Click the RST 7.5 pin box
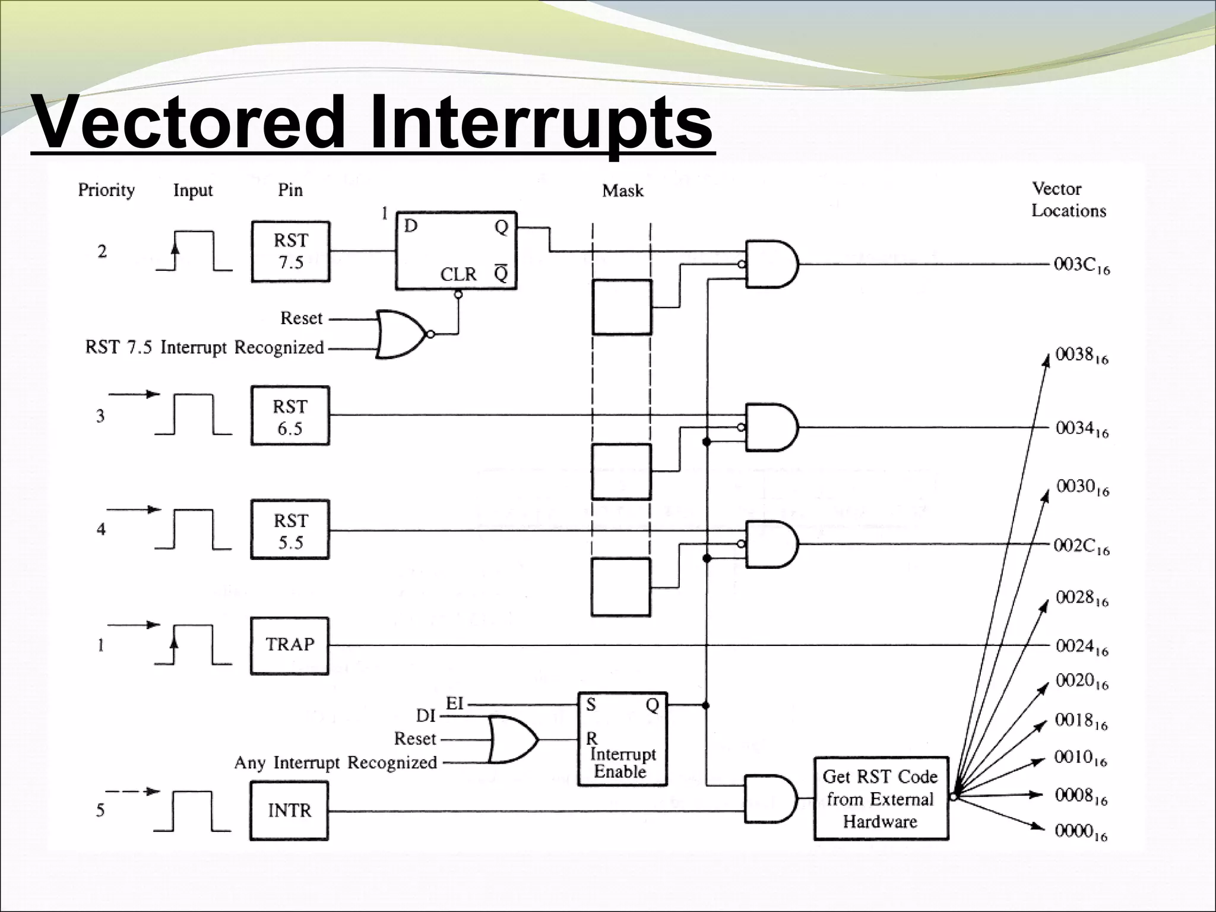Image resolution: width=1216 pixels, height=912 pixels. (290, 252)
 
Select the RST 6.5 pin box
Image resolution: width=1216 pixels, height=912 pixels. (290, 416)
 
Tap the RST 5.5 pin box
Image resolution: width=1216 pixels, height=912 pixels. (290, 530)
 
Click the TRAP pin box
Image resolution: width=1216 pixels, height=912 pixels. (290, 645)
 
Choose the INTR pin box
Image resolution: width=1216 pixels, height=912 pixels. (289, 810)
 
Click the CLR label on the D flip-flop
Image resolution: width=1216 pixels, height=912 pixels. (458, 274)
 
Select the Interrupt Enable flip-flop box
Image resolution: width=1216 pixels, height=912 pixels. (622, 739)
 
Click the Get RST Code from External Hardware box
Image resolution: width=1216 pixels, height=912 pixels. (881, 799)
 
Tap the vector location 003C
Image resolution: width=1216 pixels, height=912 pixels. (1081, 265)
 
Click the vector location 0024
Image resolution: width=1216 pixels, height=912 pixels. (1081, 646)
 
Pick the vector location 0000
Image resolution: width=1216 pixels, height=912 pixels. (1081, 831)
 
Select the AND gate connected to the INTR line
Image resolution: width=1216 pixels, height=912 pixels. (771, 799)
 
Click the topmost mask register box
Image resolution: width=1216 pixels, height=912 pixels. (622, 307)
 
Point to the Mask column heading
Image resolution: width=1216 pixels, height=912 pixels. (622, 191)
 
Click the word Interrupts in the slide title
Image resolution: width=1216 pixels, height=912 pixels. (541, 123)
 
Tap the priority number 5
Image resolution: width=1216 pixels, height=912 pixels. (100, 810)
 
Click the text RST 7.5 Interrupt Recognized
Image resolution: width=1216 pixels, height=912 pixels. (205, 347)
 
